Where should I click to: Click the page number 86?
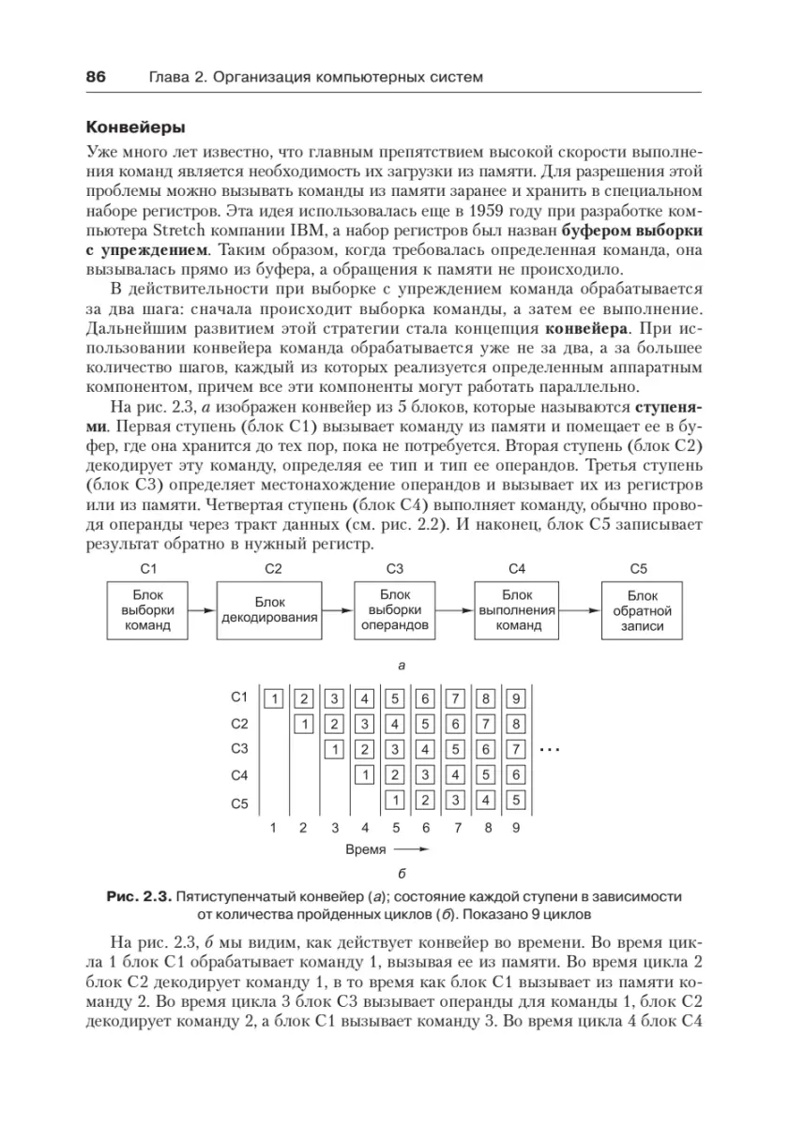[x=96, y=76]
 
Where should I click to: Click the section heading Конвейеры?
[x=135, y=126]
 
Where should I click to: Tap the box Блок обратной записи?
[x=642, y=609]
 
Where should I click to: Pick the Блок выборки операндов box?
[x=393, y=609]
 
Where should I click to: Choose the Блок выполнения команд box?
[x=518, y=609]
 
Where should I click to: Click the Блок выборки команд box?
[x=146, y=609]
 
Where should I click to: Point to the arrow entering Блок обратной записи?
[x=582, y=610]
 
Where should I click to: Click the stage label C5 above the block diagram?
[x=640, y=568]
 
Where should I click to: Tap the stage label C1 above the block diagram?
[x=146, y=568]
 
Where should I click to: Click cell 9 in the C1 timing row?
[x=516, y=697]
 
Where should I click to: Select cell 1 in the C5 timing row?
[x=395, y=801]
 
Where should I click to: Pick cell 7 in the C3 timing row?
[x=516, y=749]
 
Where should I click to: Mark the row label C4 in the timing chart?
[x=238, y=775]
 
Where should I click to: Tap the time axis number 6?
[x=426, y=828]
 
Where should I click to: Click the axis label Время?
[x=365, y=851]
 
